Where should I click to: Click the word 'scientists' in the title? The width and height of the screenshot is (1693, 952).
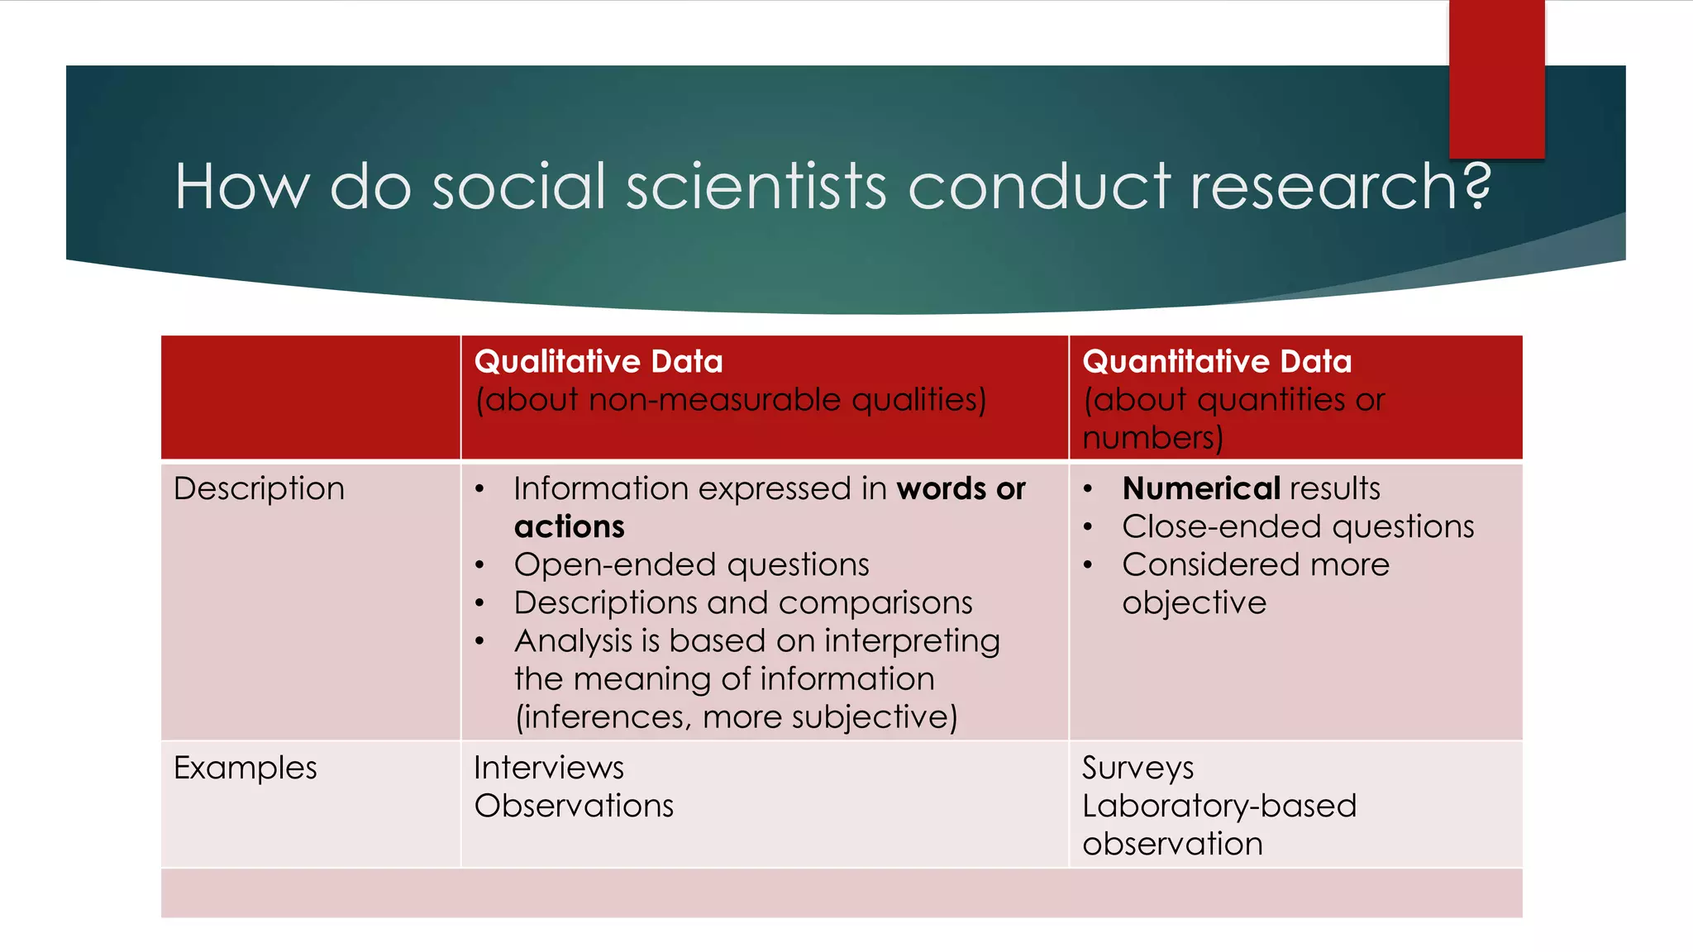click(756, 187)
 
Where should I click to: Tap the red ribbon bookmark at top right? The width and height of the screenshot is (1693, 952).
click(1496, 79)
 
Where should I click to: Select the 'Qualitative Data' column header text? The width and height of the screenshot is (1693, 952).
click(599, 362)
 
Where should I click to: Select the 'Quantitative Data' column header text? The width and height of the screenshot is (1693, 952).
click(1217, 362)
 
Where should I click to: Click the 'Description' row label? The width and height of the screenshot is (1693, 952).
click(259, 489)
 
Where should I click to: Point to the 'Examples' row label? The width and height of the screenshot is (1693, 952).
click(245, 769)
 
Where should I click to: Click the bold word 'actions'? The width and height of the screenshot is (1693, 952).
click(569, 527)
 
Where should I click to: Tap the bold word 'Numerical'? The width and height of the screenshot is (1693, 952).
click(1200, 489)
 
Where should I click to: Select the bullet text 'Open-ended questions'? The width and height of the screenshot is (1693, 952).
click(691, 565)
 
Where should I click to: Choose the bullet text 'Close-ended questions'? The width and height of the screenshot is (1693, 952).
click(1298, 527)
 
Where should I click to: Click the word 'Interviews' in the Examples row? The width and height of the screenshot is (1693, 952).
click(549, 769)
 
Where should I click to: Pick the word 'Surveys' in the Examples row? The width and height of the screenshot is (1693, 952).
click(1137, 769)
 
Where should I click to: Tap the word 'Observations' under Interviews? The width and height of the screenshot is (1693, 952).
click(574, 807)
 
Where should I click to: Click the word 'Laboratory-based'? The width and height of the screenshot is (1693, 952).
click(1219, 807)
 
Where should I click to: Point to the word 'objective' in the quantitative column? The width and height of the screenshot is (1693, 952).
click(1194, 603)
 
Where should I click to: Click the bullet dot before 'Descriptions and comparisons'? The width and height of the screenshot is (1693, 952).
click(479, 603)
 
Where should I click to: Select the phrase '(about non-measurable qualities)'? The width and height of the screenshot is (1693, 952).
click(731, 400)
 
